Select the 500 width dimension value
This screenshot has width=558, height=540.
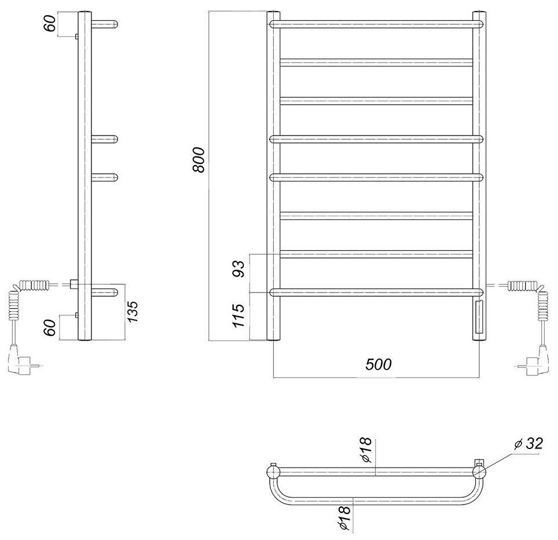(379, 364)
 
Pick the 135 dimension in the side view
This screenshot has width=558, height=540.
(133, 311)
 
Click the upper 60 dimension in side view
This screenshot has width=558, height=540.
(50, 24)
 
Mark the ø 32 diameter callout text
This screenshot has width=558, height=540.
(528, 444)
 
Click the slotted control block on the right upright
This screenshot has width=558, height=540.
(478, 318)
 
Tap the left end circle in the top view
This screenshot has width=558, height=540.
(271, 472)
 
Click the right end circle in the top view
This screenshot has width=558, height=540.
(479, 472)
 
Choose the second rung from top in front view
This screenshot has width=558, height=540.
(376, 61)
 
